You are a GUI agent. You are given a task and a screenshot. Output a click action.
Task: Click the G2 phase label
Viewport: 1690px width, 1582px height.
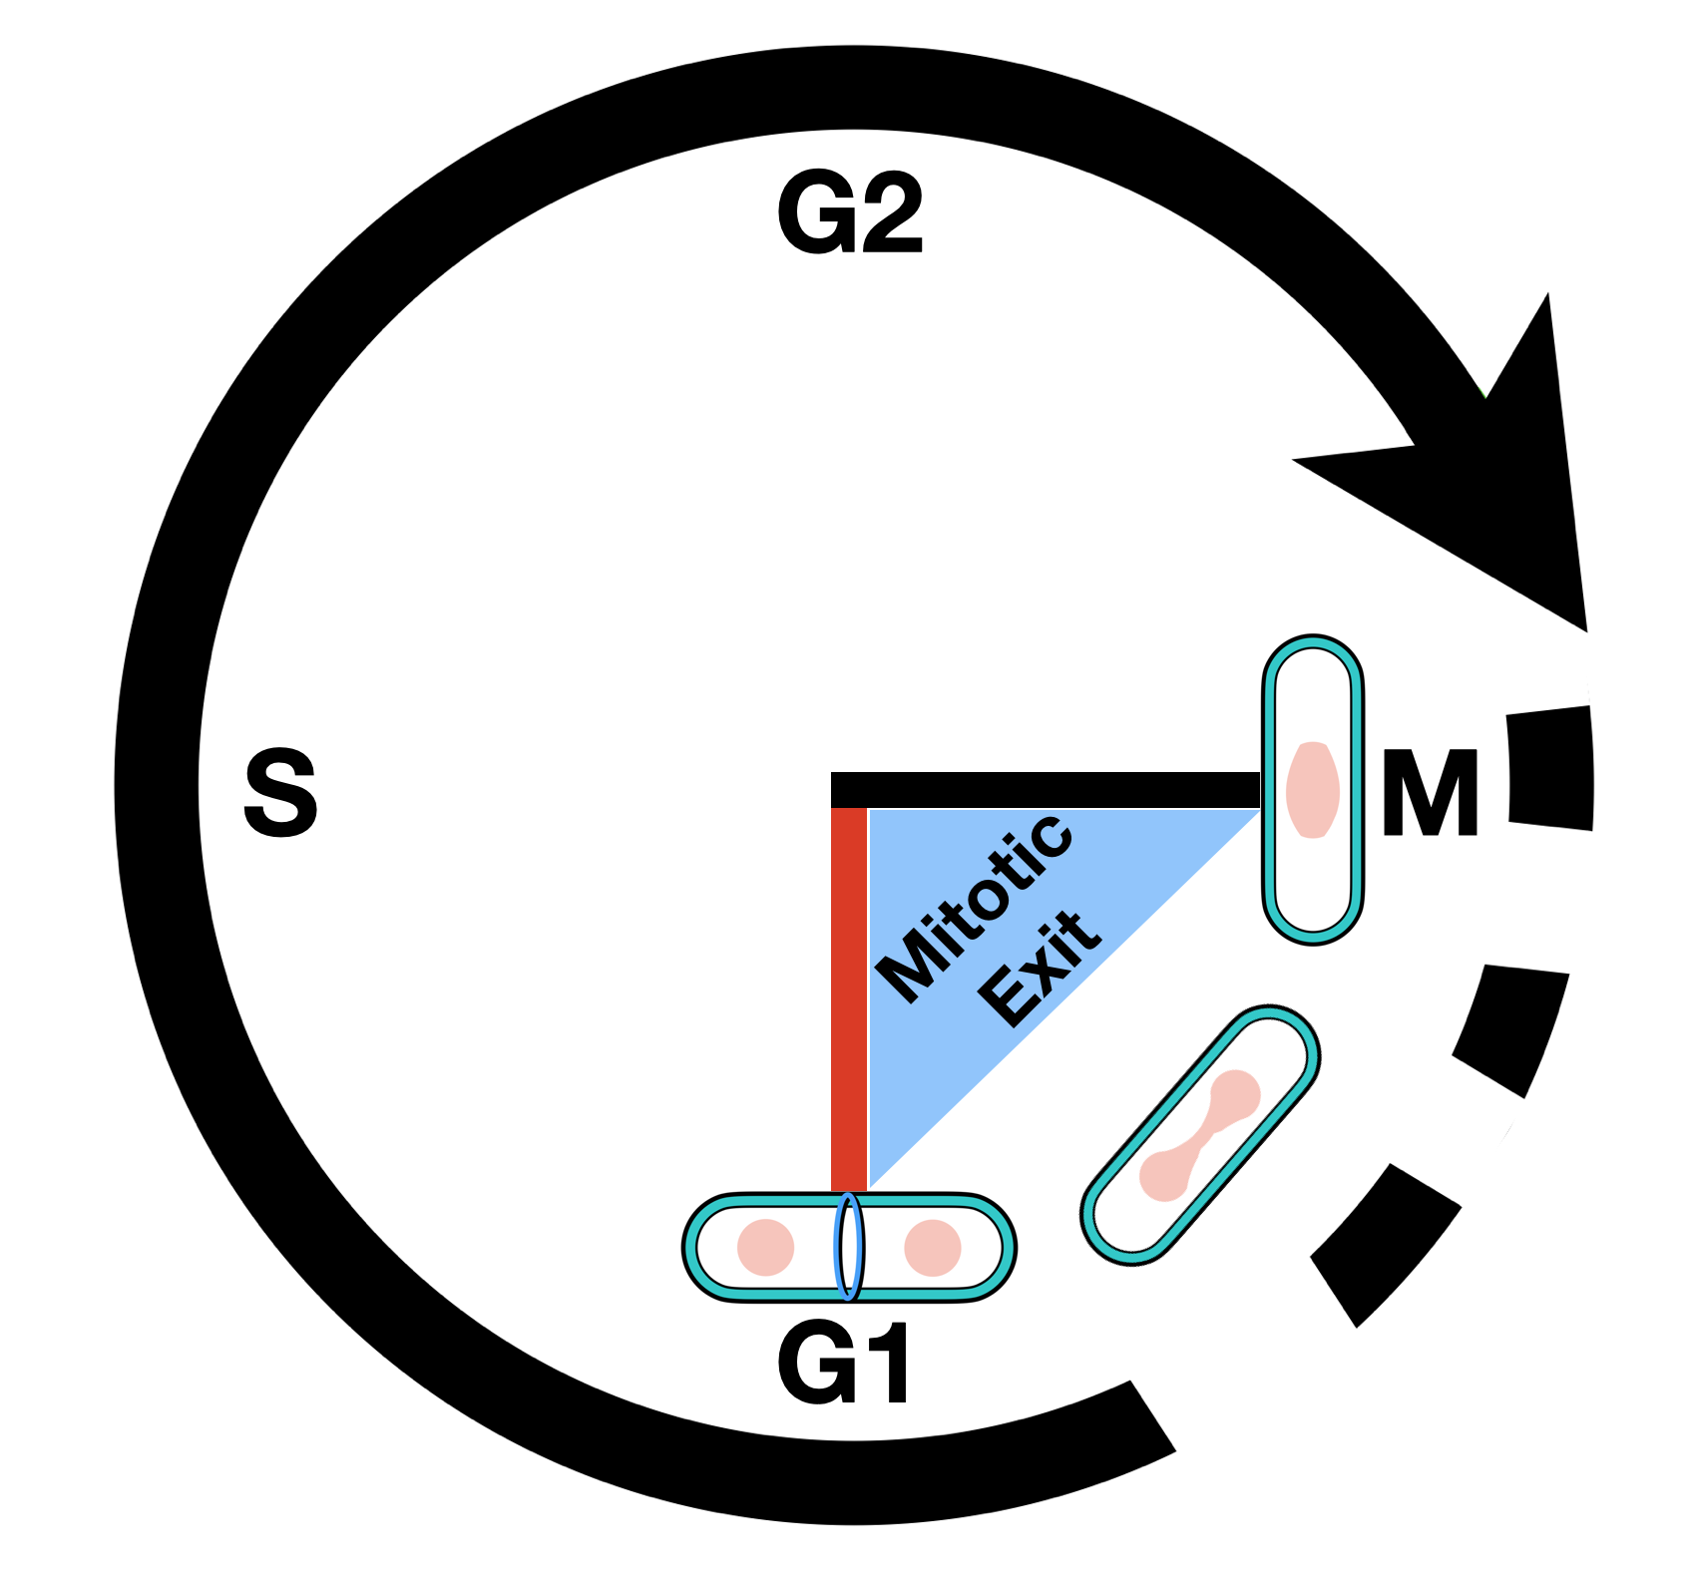pos(850,213)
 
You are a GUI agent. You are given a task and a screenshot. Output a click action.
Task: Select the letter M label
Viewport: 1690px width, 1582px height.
pos(1430,794)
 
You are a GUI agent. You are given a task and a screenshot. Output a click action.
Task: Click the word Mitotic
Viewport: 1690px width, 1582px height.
pos(974,908)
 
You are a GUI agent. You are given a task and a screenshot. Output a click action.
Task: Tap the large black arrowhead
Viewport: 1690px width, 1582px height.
pos(1496,479)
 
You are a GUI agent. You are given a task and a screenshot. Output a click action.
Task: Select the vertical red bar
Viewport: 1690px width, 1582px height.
pos(849,997)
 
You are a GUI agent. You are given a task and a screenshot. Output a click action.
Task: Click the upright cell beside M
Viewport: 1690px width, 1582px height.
pos(1313,878)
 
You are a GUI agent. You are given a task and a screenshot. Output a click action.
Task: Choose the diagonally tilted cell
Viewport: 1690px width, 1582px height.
pos(1127,1217)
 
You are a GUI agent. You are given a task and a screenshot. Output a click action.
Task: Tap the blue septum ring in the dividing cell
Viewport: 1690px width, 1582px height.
pos(849,1247)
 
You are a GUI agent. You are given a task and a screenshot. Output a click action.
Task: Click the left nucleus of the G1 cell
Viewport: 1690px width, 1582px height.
pos(765,1247)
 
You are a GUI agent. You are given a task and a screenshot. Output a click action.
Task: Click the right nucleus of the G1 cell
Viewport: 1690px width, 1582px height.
pos(933,1247)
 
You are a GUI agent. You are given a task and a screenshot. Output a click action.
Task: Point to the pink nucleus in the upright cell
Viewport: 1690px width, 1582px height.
pos(1313,789)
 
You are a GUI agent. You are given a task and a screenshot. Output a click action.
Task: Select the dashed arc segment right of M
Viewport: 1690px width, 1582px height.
pos(1550,768)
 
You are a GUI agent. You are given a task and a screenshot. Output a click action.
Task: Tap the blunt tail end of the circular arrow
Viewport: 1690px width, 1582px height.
pos(1152,1416)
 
